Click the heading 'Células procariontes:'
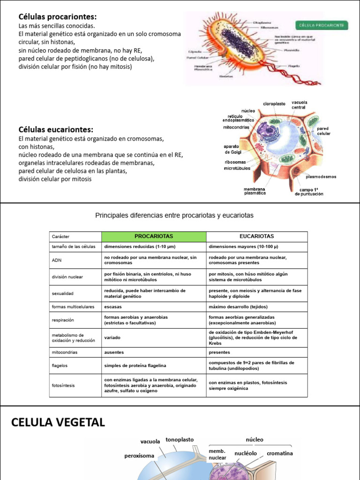(x=58, y=16)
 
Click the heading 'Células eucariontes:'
(x=56, y=129)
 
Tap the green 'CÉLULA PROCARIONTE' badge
(x=322, y=24)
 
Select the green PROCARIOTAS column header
(x=154, y=236)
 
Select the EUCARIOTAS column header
(x=256, y=236)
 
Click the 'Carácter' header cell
(x=61, y=237)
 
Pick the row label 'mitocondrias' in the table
(x=65, y=352)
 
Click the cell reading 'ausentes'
(x=113, y=352)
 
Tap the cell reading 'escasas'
(x=113, y=307)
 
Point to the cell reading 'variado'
(x=112, y=337)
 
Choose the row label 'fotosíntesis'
(x=63, y=385)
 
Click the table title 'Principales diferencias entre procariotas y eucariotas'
(x=174, y=215)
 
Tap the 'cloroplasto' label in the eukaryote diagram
(x=274, y=104)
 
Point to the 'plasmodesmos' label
(x=321, y=177)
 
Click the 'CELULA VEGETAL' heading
(x=58, y=422)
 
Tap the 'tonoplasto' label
(x=180, y=440)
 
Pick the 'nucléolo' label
(x=246, y=453)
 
